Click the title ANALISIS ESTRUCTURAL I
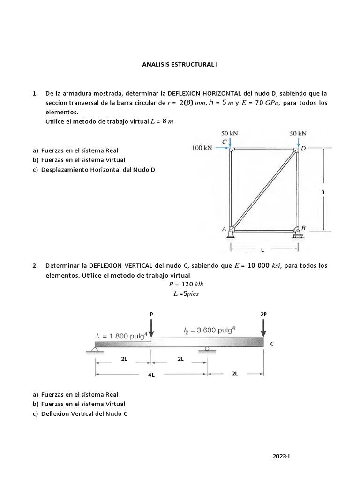180,65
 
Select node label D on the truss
303,148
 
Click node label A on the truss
224,229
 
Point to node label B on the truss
303,228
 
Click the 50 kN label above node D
298,133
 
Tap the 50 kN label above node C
230,133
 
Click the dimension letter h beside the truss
322,191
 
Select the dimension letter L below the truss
262,250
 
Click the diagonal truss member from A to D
264,190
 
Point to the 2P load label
263,315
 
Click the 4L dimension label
151,375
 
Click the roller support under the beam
206,348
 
